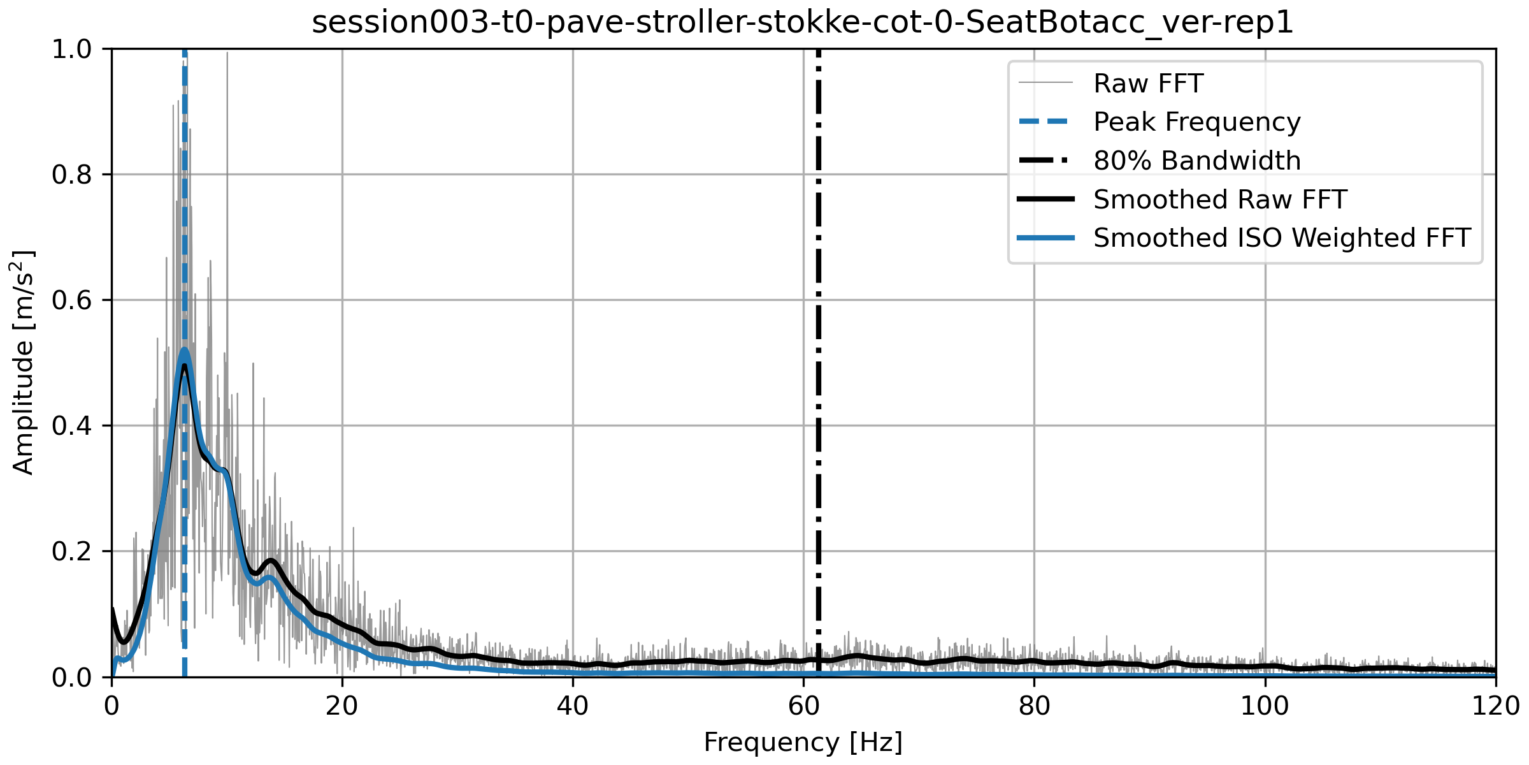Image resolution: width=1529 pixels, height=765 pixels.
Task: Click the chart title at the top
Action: point(803,22)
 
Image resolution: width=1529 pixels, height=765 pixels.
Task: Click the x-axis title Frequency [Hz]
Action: point(803,742)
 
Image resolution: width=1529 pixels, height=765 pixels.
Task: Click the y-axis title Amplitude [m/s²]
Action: point(23,362)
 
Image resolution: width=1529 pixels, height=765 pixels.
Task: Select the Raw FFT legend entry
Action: point(1148,84)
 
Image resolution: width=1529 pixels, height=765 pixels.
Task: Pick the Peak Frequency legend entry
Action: point(1196,122)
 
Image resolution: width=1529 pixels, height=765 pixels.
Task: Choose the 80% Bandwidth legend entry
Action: point(1196,161)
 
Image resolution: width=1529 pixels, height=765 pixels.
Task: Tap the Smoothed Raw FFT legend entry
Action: point(1219,200)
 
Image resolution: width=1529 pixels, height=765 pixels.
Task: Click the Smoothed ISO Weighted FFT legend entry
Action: point(1282,238)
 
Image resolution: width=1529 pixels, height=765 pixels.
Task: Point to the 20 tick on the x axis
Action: point(342,706)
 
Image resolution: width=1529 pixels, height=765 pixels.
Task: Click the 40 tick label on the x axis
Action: point(573,706)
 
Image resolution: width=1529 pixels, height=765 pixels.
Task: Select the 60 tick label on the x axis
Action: point(803,706)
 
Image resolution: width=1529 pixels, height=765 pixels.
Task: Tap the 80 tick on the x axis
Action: point(1034,706)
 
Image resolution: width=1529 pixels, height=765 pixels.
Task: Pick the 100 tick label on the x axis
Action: point(1265,706)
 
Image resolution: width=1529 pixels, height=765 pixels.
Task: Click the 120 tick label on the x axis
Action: point(1495,706)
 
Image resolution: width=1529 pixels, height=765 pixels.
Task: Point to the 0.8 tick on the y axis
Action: point(72,175)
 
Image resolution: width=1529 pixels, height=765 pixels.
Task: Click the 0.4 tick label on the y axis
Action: point(72,426)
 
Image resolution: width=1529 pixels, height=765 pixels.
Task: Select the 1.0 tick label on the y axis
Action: point(72,49)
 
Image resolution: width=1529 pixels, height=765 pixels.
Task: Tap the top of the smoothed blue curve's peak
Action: point(184,349)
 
